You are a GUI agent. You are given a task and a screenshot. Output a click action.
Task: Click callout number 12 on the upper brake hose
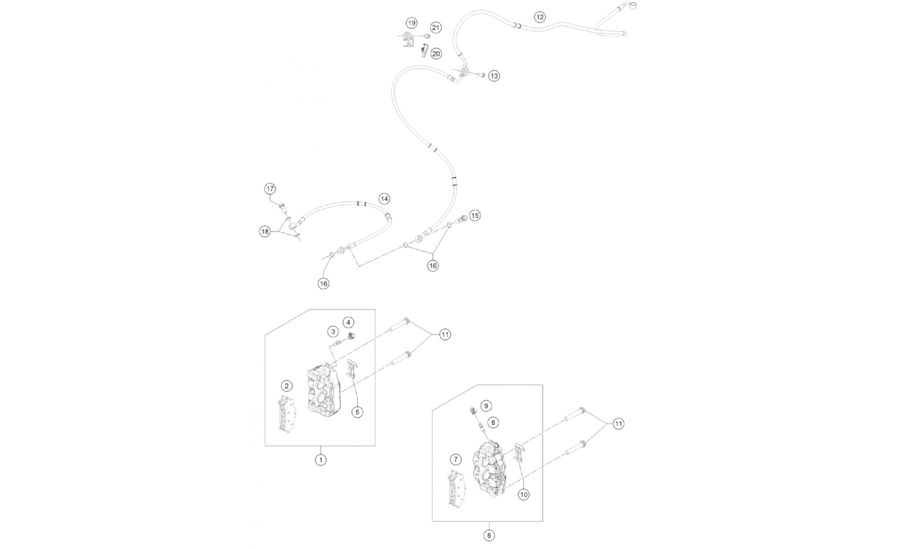pyautogui.click(x=539, y=17)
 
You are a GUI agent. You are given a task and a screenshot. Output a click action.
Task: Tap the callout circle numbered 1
pyautogui.click(x=320, y=460)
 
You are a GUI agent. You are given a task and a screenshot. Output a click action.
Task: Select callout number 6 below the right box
pyautogui.click(x=489, y=535)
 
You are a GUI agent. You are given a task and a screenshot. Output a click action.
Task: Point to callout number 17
pyautogui.click(x=270, y=189)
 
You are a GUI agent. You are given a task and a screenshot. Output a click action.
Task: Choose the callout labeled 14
pyautogui.click(x=384, y=198)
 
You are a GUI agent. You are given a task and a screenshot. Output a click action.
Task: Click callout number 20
pyautogui.click(x=436, y=54)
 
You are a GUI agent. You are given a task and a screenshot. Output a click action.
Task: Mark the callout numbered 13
pyautogui.click(x=494, y=76)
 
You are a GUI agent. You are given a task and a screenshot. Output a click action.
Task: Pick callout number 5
pyautogui.click(x=357, y=412)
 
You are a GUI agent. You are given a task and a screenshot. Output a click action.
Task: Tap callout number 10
pyautogui.click(x=523, y=495)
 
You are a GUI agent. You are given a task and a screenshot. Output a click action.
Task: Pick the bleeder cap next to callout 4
pyautogui.click(x=352, y=336)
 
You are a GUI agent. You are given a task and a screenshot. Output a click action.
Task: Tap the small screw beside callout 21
pyautogui.click(x=427, y=36)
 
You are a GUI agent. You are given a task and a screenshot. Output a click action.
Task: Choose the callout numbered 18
pyautogui.click(x=265, y=231)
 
